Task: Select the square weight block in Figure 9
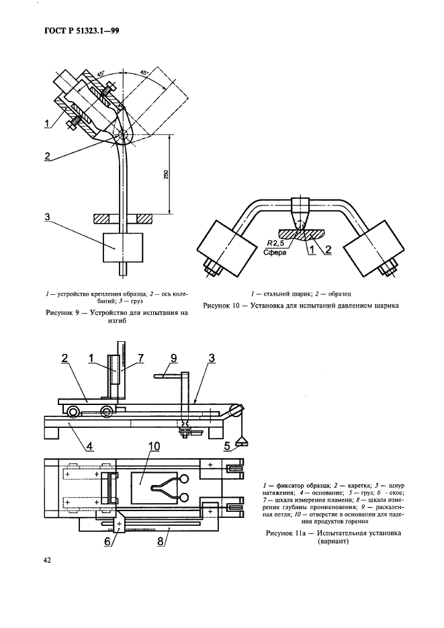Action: [122, 246]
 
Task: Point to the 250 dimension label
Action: [166, 174]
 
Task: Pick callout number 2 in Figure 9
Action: [48, 155]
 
